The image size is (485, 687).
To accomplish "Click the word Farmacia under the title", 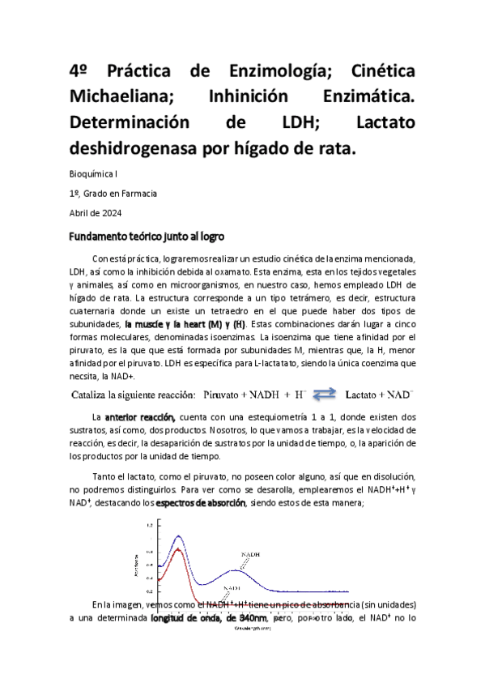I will pos(136,194).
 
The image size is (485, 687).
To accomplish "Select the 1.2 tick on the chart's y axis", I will pos(149,526).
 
